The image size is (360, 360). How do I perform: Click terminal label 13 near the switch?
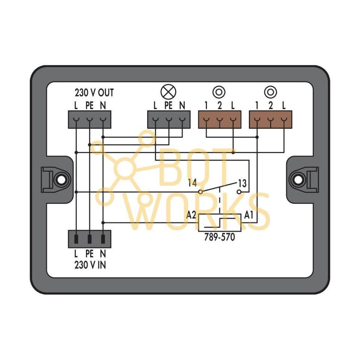(242, 183)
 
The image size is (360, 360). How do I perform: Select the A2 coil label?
(191, 215)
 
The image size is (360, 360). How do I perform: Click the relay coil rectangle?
(219, 223)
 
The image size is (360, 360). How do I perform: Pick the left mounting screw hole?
(59, 179)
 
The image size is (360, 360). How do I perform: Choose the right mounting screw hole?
(298, 179)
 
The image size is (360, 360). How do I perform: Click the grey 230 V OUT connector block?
(90, 120)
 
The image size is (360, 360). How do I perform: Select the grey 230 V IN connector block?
(90, 239)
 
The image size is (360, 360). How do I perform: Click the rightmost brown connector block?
(270, 120)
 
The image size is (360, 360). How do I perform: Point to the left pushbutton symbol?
(219, 91)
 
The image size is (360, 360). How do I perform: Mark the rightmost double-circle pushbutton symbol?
(270, 91)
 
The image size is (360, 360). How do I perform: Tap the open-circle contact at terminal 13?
(239, 192)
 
